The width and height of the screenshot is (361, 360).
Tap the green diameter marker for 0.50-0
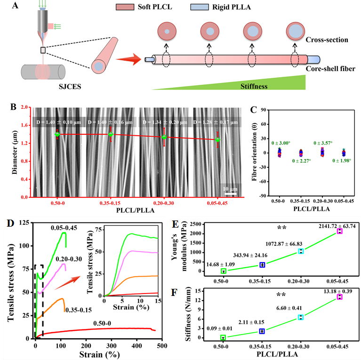point(57,134)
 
